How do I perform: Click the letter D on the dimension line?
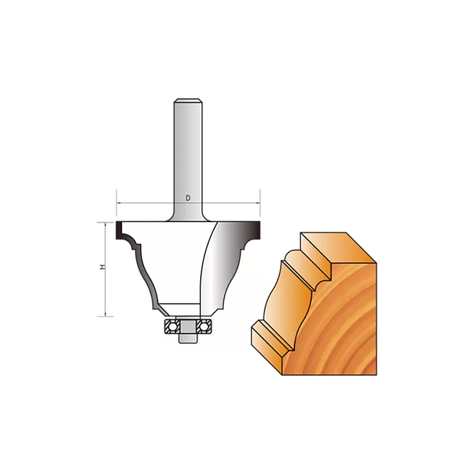coord(188,198)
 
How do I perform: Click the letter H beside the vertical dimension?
coord(103,267)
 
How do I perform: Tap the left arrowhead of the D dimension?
coord(118,203)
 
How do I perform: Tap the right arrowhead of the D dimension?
coord(258,203)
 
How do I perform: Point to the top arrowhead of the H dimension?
coord(105,225)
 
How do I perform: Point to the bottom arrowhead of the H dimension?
coord(105,314)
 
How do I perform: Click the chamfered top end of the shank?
coord(188,101)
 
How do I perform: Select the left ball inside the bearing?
coord(172,326)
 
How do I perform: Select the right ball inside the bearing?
coord(204,326)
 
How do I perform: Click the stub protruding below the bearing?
coord(188,338)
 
